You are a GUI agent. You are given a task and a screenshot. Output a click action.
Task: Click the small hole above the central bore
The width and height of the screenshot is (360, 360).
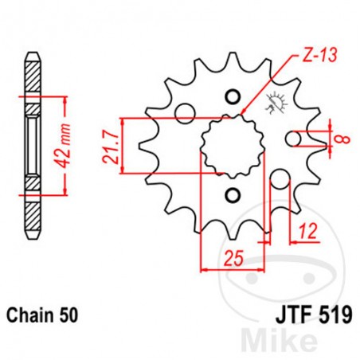pos(233,98)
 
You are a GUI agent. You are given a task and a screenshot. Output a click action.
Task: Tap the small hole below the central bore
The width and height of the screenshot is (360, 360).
pos(233,195)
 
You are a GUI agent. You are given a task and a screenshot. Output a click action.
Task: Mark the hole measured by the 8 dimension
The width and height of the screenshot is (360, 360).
pos(293,139)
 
